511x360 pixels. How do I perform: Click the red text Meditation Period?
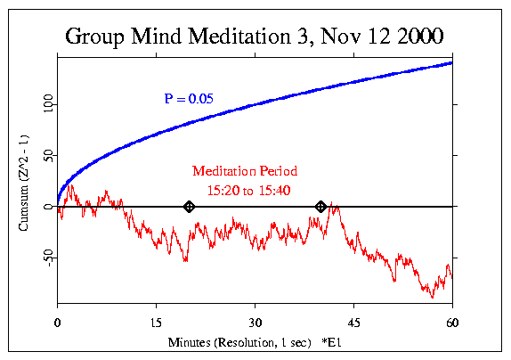[x=245, y=171]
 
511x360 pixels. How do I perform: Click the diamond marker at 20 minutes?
[x=189, y=207]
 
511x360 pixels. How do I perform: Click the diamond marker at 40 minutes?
[x=320, y=207]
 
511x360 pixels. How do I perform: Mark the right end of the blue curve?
[x=451, y=62]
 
